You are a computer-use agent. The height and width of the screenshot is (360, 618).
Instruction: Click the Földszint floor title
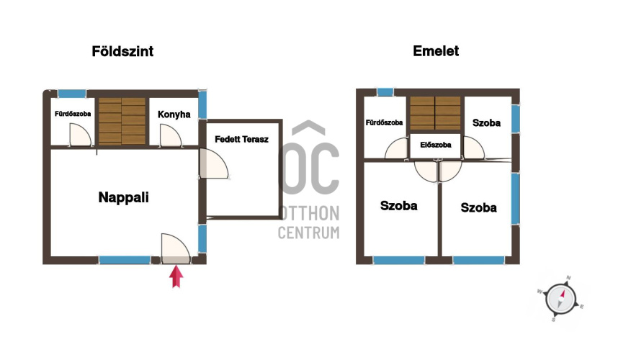pyautogui.click(x=122, y=51)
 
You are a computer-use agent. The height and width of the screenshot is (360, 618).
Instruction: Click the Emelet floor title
pyautogui.click(x=436, y=51)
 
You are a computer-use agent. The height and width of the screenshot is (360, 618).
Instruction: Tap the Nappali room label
pyautogui.click(x=123, y=197)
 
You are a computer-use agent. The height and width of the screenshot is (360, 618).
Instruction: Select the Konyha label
pyautogui.click(x=174, y=114)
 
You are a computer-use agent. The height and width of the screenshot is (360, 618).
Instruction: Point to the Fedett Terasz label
pyautogui.click(x=241, y=139)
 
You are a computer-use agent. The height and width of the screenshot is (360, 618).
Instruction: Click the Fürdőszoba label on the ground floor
pyautogui.click(x=73, y=114)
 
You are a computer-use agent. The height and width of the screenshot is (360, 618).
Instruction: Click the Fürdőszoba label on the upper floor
pyautogui.click(x=385, y=122)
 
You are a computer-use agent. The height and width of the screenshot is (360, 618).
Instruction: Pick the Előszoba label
pyautogui.click(x=436, y=145)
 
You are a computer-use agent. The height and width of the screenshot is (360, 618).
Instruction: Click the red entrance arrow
pyautogui.click(x=176, y=276)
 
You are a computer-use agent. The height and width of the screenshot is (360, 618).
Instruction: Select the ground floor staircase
pyautogui.click(x=122, y=121)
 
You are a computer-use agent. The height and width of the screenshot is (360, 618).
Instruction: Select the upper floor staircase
pyautogui.click(x=435, y=113)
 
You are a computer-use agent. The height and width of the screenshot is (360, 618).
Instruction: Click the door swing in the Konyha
pyautogui.click(x=171, y=135)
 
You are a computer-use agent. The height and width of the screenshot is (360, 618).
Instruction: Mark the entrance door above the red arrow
pyautogui.click(x=176, y=248)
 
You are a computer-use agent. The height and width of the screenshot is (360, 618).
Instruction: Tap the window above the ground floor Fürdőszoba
pyautogui.click(x=72, y=94)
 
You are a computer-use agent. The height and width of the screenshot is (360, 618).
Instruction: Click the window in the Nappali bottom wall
pyautogui.click(x=125, y=260)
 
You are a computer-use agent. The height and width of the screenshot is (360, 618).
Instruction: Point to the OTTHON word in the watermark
pyautogui.click(x=309, y=213)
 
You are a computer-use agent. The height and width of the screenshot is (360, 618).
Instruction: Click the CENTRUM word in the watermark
pyautogui.click(x=308, y=233)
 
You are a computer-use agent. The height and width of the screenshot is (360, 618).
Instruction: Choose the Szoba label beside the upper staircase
pyautogui.click(x=486, y=123)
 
